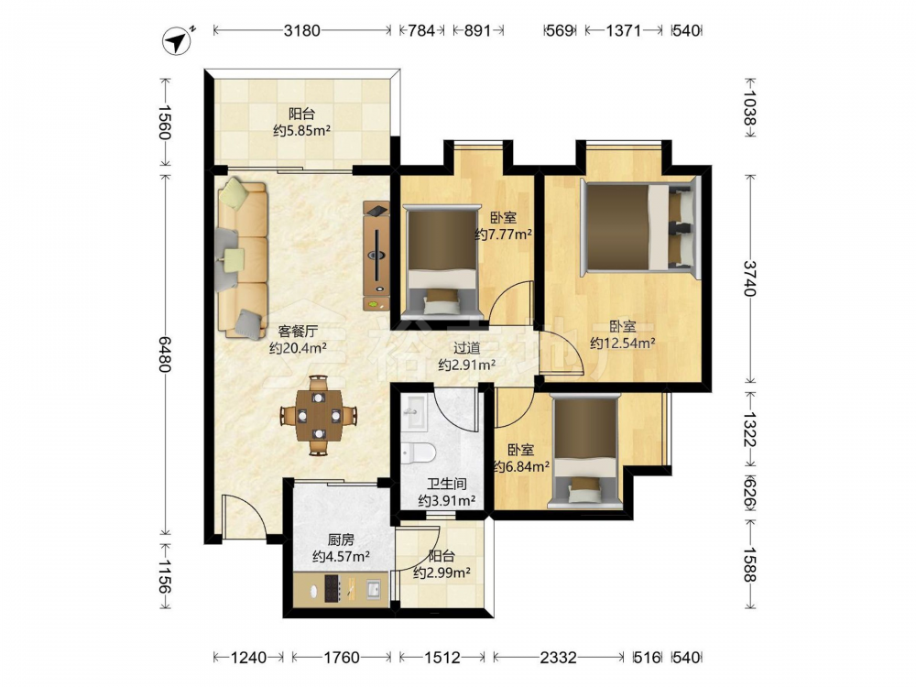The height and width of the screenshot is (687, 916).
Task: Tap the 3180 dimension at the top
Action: [x=302, y=30]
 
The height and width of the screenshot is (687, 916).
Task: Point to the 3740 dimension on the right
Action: [x=750, y=278]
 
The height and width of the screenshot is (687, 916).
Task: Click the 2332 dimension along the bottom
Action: [x=558, y=658]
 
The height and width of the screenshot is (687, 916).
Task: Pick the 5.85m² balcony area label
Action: [x=302, y=130]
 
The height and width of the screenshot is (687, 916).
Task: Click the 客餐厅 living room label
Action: [x=298, y=332]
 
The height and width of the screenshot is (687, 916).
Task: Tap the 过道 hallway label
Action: [x=467, y=348]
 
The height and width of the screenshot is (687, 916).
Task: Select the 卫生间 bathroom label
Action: [x=446, y=485]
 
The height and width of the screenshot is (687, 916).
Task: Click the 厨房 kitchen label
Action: [x=341, y=540]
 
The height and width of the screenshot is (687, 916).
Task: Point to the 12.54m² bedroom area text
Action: [x=623, y=343]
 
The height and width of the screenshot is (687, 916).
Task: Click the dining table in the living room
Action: [x=319, y=415]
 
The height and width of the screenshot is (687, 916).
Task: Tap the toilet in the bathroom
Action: [x=418, y=453]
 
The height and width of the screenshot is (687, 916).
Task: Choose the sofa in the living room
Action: [x=243, y=258]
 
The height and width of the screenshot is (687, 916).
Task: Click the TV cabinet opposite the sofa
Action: [x=376, y=256]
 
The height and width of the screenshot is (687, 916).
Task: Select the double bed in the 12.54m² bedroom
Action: [x=639, y=227]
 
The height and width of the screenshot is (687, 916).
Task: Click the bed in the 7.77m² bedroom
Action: [x=442, y=261]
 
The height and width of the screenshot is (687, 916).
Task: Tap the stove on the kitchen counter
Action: [x=333, y=588]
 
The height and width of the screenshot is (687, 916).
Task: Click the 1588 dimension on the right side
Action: [x=750, y=564]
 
